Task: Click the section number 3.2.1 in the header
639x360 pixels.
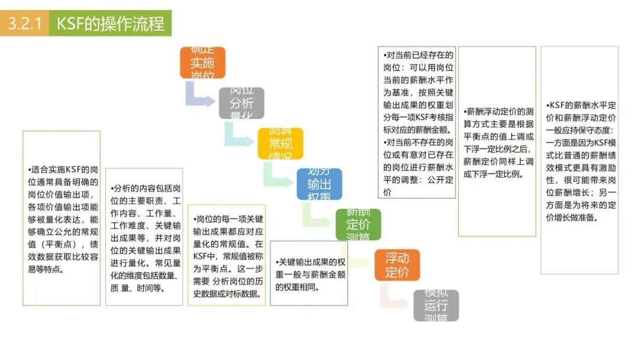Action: click(x=24, y=24)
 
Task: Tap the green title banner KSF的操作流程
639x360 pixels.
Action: click(x=110, y=24)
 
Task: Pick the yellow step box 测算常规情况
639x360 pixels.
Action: click(x=280, y=143)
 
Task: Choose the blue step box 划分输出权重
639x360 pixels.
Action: click(x=319, y=184)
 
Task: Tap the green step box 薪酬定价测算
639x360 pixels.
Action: click(x=358, y=224)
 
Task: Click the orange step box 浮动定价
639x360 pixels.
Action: click(x=397, y=265)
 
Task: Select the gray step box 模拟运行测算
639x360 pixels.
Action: click(x=436, y=305)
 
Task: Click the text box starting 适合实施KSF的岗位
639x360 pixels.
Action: click(x=62, y=218)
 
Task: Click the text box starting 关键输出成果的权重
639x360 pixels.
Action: click(x=308, y=273)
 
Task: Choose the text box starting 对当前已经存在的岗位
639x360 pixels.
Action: click(x=417, y=122)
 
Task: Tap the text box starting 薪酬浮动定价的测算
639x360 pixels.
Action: click(x=497, y=142)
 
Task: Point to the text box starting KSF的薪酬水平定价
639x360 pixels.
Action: click(x=579, y=160)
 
